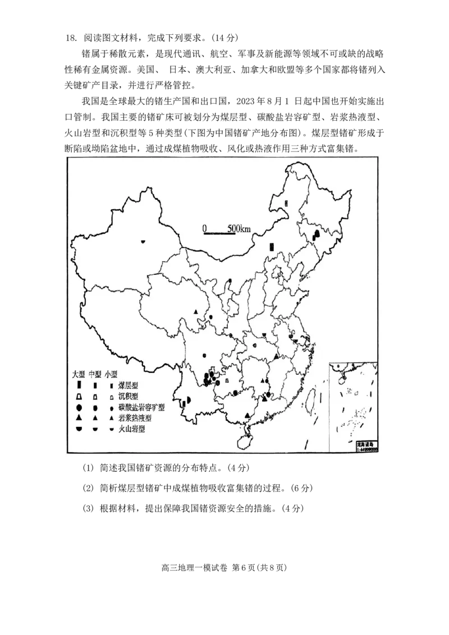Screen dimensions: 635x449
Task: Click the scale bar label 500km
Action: point(240,228)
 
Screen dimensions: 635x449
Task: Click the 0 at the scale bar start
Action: point(205,228)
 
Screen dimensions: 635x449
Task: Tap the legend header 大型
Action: point(78,374)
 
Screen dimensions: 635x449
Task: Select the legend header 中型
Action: point(95,374)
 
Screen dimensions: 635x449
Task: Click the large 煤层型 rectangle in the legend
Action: point(80,386)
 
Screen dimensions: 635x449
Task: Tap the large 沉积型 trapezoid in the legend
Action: point(80,397)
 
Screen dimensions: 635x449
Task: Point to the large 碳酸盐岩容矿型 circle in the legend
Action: point(80,407)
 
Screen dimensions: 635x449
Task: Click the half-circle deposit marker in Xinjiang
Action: point(144,241)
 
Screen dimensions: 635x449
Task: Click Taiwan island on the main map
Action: point(308,397)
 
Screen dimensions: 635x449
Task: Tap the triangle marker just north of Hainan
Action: point(248,415)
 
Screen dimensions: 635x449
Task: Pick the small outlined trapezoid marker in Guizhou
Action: point(227,381)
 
